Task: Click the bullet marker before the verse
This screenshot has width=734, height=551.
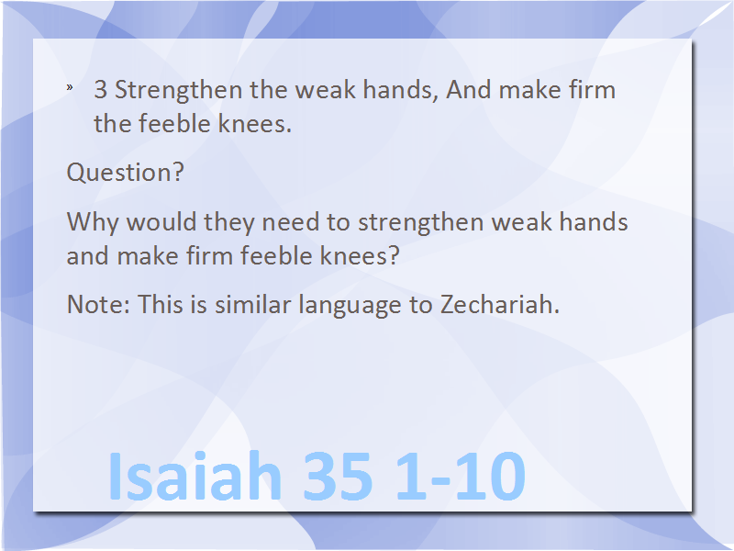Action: [x=70, y=86]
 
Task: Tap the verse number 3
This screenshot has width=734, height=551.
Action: [x=100, y=89]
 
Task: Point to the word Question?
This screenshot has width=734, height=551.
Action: [x=126, y=173]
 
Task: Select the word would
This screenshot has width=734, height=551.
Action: [x=161, y=221]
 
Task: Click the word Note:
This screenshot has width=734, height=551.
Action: [x=98, y=305]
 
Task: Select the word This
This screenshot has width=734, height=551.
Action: [x=159, y=305]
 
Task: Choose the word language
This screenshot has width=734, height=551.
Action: [x=350, y=306]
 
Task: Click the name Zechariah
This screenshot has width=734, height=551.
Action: [x=499, y=305]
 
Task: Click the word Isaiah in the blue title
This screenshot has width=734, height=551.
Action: [x=195, y=476]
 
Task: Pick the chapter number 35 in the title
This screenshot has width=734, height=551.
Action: [x=338, y=476]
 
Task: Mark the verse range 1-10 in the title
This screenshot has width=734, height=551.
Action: [x=461, y=476]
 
